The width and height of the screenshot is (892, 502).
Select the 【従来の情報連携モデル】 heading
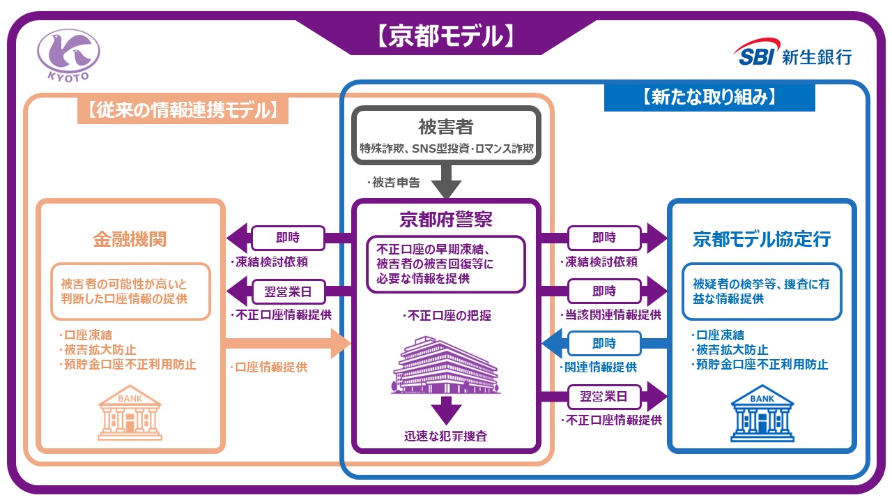(x=183, y=109)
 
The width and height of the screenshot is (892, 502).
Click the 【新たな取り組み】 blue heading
(x=709, y=97)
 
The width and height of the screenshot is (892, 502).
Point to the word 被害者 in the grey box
(x=446, y=127)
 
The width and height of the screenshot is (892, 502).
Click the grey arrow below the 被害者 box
(x=446, y=183)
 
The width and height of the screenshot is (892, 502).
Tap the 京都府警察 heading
(x=446, y=220)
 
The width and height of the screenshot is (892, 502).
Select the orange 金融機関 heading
(x=130, y=239)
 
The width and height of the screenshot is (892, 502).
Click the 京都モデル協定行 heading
(x=762, y=239)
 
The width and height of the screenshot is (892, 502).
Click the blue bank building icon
(x=762, y=417)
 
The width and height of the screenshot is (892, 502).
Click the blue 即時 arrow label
(x=603, y=343)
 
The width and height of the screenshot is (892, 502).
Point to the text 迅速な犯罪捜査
(x=446, y=437)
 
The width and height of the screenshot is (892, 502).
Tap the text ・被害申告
(x=394, y=183)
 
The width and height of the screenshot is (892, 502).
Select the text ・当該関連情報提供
(x=610, y=315)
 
